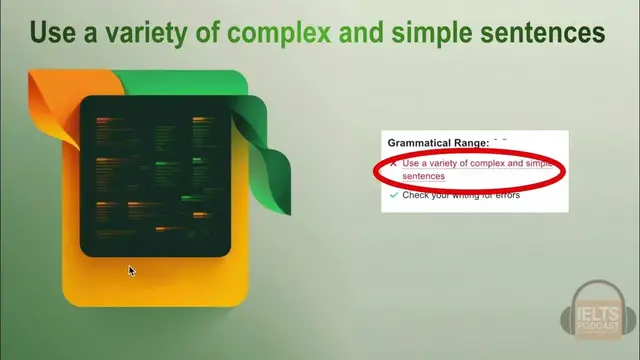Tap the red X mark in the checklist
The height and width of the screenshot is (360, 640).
click(393, 162)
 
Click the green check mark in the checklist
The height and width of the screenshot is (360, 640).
click(393, 196)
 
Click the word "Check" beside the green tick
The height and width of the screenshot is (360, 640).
click(418, 195)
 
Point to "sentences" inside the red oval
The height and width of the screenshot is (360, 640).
click(424, 176)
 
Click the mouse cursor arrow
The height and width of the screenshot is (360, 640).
click(131, 270)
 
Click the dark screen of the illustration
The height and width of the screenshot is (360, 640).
click(155, 175)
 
